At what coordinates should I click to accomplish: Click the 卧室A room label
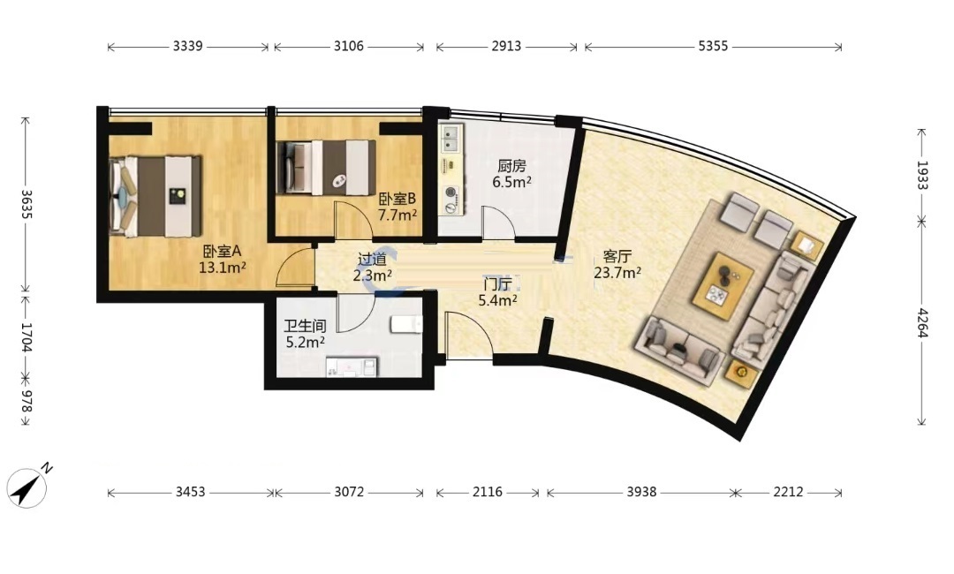pos(222,251)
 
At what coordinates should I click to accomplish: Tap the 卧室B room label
pos(397,199)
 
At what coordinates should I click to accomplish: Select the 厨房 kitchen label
pos(511,166)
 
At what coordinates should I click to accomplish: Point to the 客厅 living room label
pos(617,257)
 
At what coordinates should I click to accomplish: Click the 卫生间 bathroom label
pos(305,327)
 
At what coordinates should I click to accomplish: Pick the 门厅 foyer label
pos(497,284)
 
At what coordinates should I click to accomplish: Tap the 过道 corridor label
pos(372,260)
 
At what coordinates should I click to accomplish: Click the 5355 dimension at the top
pos(713,46)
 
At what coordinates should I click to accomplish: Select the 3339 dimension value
pos(187,46)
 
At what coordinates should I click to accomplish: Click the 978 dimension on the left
pos(26,400)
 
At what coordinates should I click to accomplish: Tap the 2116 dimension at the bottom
pos(488,492)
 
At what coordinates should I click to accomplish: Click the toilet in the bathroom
pos(406,324)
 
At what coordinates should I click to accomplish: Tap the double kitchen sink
pos(450,138)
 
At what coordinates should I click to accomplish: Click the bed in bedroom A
pos(155,196)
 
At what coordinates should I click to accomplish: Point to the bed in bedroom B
pos(325,167)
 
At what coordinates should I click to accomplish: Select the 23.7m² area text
pos(617,272)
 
